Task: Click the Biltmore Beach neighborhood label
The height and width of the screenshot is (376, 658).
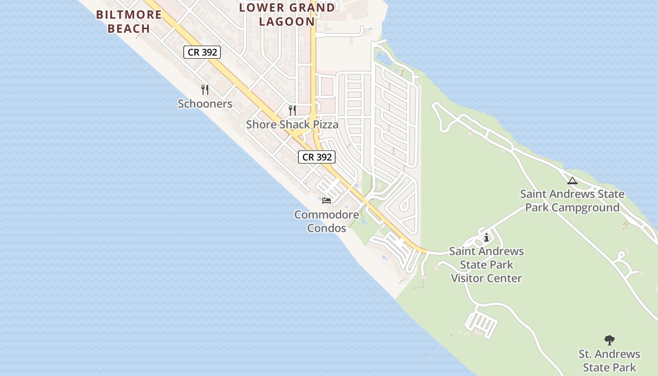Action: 129,21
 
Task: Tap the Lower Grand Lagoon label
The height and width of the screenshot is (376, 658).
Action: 287,14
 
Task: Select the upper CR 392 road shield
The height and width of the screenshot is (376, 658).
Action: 202,52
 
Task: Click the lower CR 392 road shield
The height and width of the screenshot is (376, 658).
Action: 317,157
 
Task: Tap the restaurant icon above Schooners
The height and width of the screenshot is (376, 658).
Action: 205,89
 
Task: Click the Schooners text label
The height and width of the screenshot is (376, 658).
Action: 205,104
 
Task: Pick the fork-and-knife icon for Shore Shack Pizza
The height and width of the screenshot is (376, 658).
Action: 292,110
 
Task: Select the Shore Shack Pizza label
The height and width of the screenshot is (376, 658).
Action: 292,125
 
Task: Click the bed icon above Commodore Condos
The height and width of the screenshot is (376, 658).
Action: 327,201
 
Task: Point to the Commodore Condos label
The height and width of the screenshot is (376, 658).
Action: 327,221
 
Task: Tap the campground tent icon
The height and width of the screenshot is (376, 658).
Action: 572,180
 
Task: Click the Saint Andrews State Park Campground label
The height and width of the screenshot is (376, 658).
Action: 572,201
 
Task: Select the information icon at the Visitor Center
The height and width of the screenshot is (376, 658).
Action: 486,238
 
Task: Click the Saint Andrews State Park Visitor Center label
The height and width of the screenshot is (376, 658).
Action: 486,265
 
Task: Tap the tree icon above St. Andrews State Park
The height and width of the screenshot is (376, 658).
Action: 610,340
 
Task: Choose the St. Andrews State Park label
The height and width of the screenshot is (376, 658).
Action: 610,360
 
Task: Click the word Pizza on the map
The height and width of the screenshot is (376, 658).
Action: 323,125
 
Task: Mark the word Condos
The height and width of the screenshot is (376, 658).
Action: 327,228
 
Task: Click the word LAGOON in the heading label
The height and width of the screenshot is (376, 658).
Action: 287,22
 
